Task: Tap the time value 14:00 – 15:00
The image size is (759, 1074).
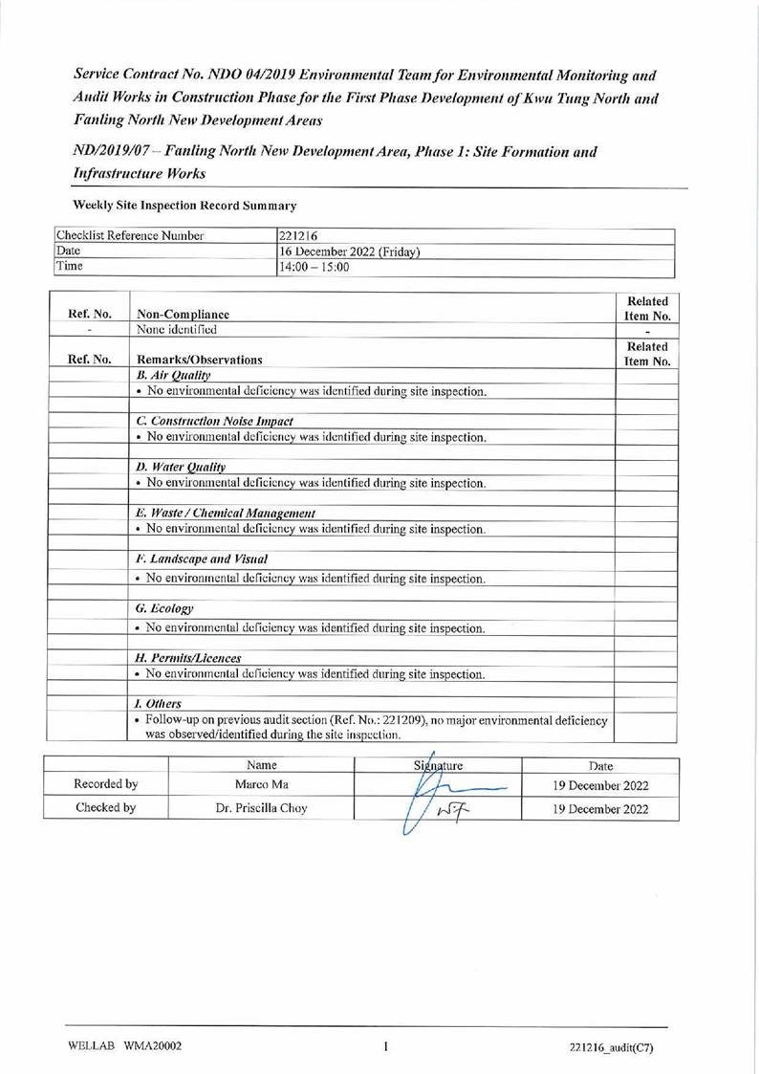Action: coord(314,267)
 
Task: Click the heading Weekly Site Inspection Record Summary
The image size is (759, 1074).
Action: coord(184,206)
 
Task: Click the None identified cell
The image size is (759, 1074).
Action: coord(178,329)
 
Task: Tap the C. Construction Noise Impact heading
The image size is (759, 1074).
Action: coord(215,421)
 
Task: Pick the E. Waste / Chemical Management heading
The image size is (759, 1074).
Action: coord(227,513)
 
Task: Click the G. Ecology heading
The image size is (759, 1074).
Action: coord(165,608)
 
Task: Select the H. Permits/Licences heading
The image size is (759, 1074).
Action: coord(189,658)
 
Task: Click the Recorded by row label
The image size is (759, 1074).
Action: coord(106,785)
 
